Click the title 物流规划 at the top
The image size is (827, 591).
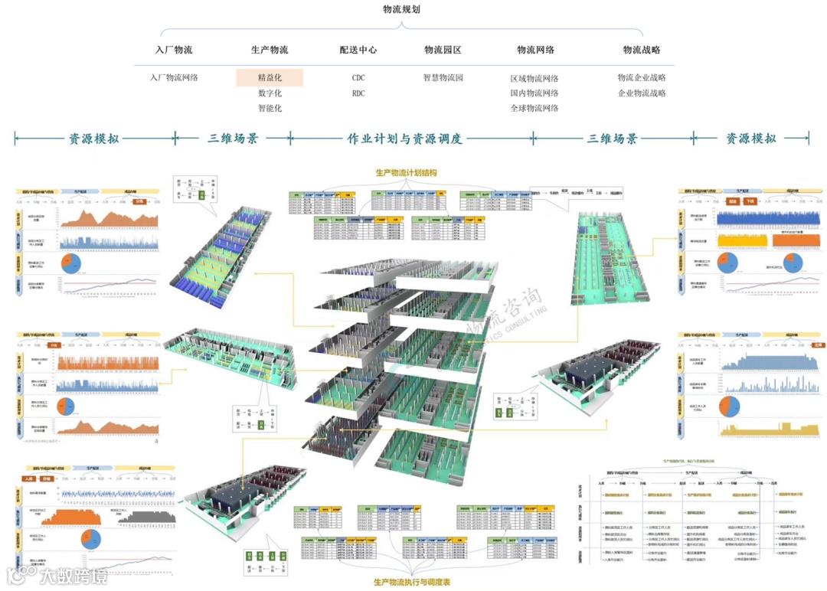coord(402,9)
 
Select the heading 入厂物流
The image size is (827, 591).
coord(174,51)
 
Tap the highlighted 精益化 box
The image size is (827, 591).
coord(270,77)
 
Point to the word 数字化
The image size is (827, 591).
coord(270,93)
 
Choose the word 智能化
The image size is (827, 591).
coord(270,108)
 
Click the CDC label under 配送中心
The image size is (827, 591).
coord(358,77)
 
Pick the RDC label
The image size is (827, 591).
coord(358,93)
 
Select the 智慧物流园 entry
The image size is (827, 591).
coord(443,77)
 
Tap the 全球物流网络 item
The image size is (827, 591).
coord(534,108)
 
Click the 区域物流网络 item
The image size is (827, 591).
coord(534,78)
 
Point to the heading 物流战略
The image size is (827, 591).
coord(642,51)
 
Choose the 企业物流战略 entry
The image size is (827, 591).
coord(642,93)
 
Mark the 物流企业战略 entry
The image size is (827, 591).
coord(642,77)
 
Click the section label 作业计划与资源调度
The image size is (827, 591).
coord(405,139)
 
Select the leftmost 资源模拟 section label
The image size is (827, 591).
coord(94,139)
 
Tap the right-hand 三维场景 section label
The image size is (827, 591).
coord(613,139)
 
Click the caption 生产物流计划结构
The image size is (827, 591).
coord(406,174)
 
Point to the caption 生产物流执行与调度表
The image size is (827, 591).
coord(412,583)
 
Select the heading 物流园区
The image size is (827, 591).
coord(443,51)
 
